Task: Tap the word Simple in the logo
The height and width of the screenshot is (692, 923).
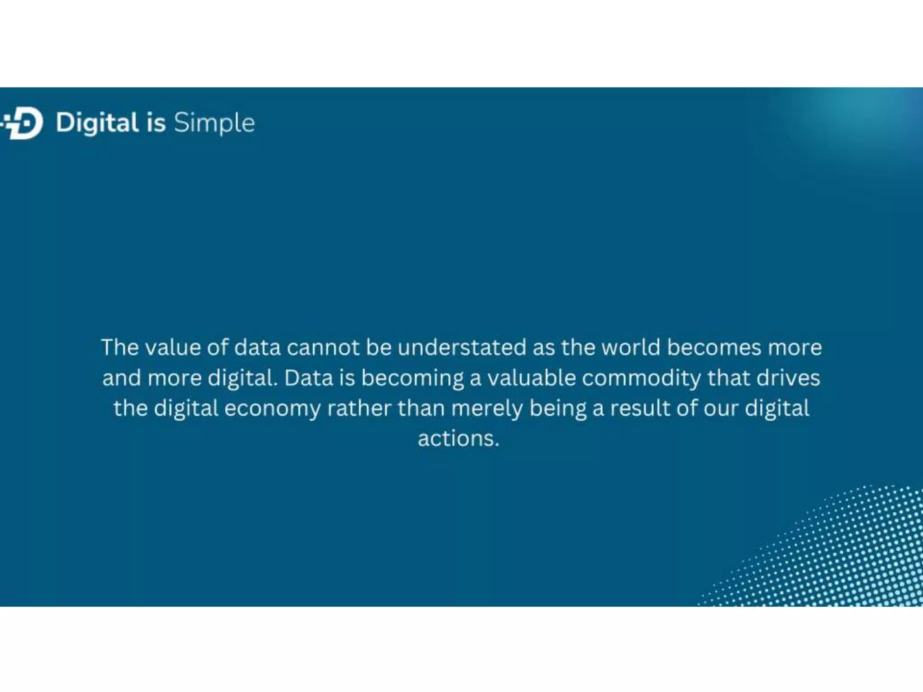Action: click(214, 123)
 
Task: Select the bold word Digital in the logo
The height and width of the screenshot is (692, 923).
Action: click(97, 123)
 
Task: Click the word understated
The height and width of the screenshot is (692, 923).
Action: click(461, 348)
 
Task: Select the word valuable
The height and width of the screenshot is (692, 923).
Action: click(531, 378)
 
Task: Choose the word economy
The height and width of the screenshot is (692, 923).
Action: click(272, 409)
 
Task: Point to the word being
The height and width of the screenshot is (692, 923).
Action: click(557, 409)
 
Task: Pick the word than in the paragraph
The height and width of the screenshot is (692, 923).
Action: click(421, 408)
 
